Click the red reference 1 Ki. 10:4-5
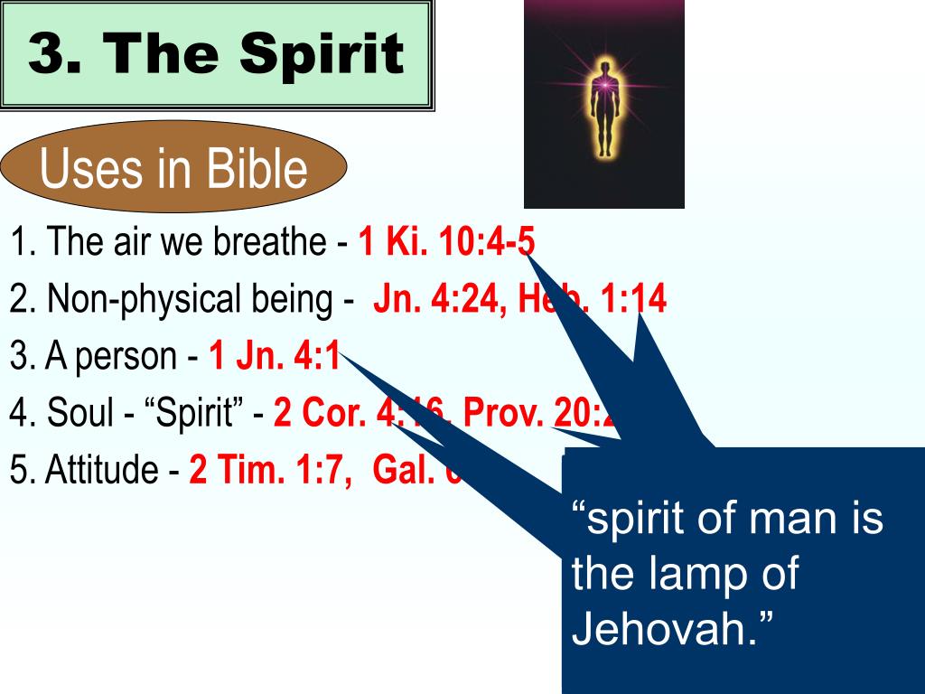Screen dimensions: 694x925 [x=447, y=242]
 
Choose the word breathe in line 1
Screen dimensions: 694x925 [x=275, y=242]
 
